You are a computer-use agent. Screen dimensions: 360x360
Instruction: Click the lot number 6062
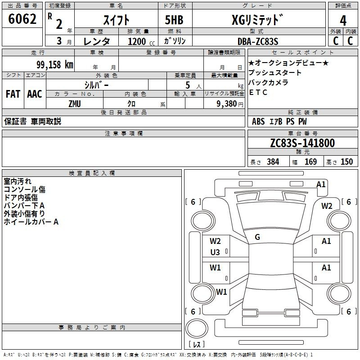click(x=22, y=19)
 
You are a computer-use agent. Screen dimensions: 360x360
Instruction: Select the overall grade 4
click(x=343, y=21)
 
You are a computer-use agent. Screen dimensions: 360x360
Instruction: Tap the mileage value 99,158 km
click(x=55, y=65)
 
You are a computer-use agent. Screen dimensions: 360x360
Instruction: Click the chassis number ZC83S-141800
click(x=302, y=143)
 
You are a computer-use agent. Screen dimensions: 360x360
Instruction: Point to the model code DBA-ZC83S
click(x=258, y=41)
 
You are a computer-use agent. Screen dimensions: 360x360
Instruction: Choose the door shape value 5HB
click(x=174, y=20)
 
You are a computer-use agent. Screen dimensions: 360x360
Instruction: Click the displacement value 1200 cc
click(x=141, y=41)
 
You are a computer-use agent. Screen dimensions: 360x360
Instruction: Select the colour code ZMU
click(x=75, y=104)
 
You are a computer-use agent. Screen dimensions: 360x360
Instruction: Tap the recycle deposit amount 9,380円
click(x=230, y=104)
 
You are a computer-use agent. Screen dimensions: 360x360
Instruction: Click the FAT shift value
click(x=13, y=94)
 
